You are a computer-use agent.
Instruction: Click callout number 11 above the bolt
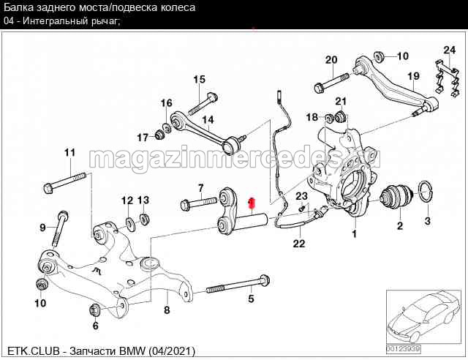pyautogui.click(x=69, y=153)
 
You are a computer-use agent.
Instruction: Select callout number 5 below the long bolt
pyautogui.click(x=251, y=298)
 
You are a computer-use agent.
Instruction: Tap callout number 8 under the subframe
pyautogui.click(x=167, y=310)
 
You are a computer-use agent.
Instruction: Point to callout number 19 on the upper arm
pyautogui.click(x=413, y=76)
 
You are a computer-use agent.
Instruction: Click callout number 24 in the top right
pyautogui.click(x=449, y=50)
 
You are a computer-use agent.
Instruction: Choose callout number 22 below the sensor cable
pyautogui.click(x=298, y=244)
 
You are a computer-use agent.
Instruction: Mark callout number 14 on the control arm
pyautogui.click(x=208, y=120)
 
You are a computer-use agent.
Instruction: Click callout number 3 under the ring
pyautogui.click(x=428, y=220)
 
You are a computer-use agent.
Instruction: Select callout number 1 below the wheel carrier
pyautogui.click(x=355, y=235)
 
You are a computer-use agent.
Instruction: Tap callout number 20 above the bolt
pyautogui.click(x=331, y=60)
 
